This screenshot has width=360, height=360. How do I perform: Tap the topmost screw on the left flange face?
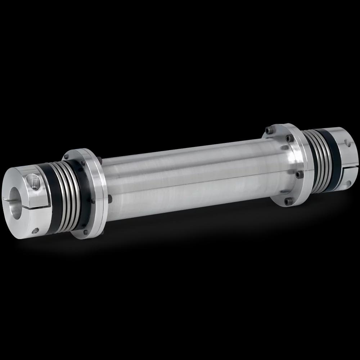[x=66, y=157]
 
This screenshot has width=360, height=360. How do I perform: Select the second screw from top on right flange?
[x=288, y=139]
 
